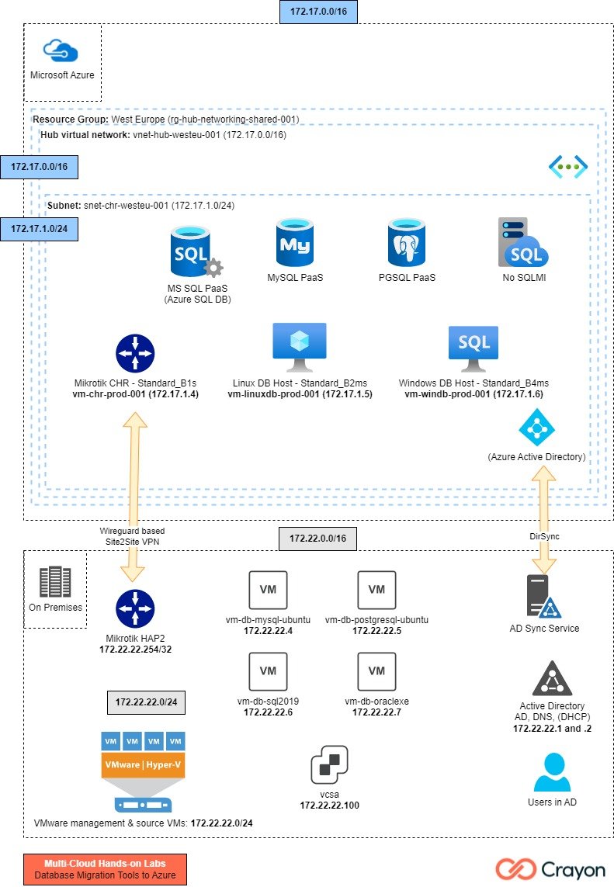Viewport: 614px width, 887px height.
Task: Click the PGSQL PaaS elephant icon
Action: click(x=408, y=243)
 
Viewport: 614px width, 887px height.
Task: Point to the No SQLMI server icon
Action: click(x=522, y=243)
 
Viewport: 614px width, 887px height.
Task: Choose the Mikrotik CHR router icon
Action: click(x=136, y=352)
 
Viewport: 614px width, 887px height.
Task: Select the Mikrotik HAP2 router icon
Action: click(x=135, y=608)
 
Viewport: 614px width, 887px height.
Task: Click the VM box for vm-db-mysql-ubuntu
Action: click(x=268, y=591)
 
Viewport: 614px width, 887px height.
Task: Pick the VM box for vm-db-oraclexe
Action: click(x=376, y=671)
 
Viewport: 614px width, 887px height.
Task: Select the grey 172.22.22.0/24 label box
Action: click(x=146, y=702)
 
